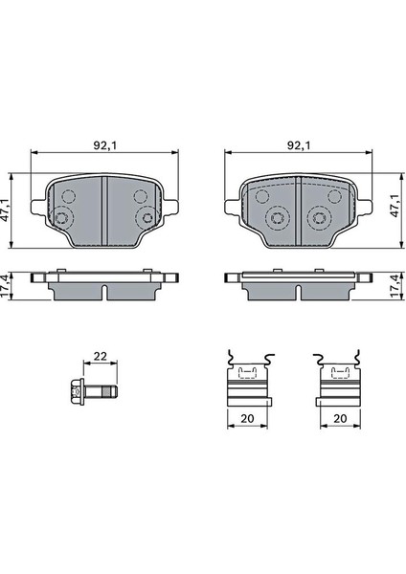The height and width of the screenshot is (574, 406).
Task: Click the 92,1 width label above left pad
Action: coord(104,145)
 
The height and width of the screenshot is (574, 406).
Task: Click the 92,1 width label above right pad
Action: coord(299,145)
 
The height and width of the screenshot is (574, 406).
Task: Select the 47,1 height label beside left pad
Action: coord(5,210)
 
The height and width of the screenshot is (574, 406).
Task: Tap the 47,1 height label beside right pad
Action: coord(395,206)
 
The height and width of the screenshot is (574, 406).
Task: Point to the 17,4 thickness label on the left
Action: coord(5,286)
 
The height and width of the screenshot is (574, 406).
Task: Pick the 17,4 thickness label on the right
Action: coord(395,286)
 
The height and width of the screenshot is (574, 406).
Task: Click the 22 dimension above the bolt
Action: coord(100,356)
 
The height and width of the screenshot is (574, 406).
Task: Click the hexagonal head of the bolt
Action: coord(77,392)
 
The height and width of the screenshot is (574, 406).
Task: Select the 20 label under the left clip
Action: coord(248,418)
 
